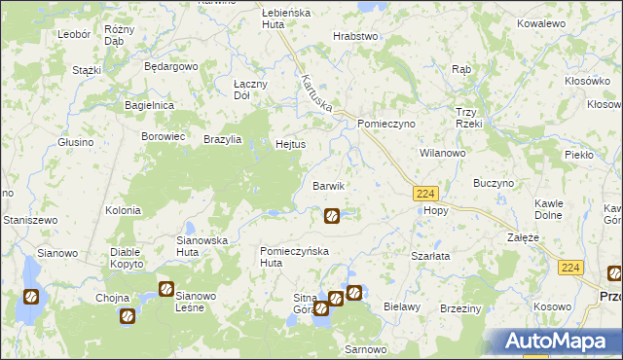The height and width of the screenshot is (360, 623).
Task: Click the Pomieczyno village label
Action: tap(386, 126)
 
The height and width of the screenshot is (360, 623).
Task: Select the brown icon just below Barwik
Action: tap(331, 215)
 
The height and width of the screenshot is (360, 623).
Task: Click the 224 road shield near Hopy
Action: tap(424, 194)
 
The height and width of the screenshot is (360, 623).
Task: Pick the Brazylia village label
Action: tap(222, 139)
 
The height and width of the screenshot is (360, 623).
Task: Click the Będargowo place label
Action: tap(170, 67)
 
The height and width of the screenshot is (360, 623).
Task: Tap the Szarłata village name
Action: tap(429, 255)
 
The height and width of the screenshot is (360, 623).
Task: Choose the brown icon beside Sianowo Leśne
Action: tap(165, 289)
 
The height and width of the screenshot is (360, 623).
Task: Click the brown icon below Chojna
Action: tap(127, 315)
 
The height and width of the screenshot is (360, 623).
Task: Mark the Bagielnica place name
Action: tap(149, 104)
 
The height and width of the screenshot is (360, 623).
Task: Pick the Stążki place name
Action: tap(88, 71)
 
